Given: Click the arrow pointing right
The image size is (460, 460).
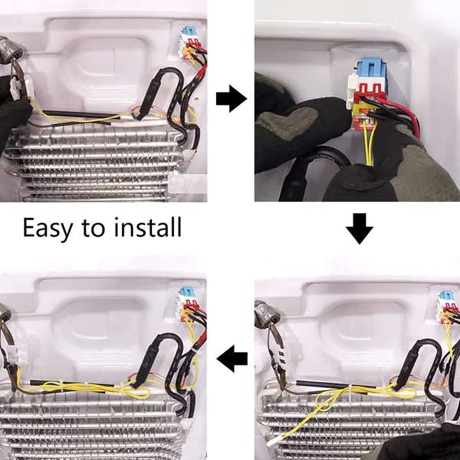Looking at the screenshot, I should pyautogui.click(x=231, y=99).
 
